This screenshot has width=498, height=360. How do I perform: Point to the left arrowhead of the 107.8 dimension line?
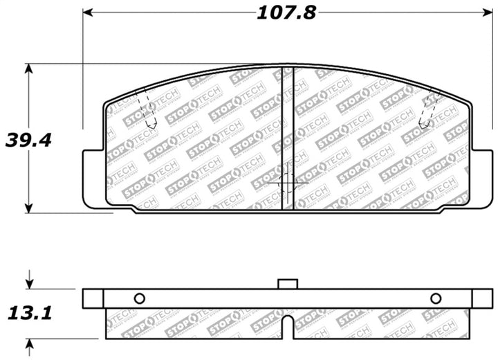pyautogui.click(x=88, y=13)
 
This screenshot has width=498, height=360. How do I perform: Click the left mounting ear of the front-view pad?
pyautogui.click(x=93, y=177)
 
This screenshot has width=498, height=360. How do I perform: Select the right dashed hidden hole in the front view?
pyautogui.click(x=430, y=111)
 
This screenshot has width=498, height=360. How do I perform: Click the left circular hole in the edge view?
pyautogui.click(x=138, y=298)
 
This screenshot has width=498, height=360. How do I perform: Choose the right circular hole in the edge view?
pyautogui.click(x=435, y=298)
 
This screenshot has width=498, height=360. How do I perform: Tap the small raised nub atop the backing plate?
pyautogui.click(x=287, y=283)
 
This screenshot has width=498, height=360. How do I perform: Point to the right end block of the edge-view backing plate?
pyautogui.click(x=482, y=298)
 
